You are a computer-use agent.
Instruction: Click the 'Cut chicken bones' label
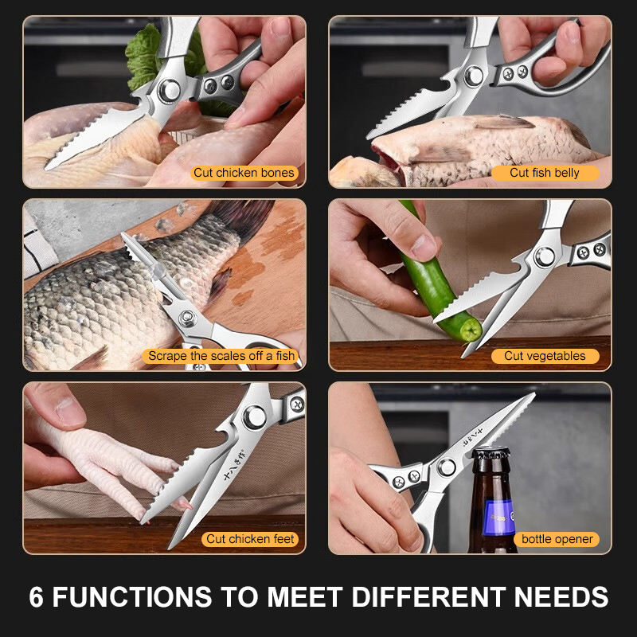coord(244,173)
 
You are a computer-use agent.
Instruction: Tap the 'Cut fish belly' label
coord(545,173)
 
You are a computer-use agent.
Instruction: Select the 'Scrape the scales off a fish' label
coord(221,356)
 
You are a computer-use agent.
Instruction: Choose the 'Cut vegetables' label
coord(545,356)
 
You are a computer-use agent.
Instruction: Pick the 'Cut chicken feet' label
coord(250,539)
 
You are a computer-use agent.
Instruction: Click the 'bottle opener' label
coord(557,539)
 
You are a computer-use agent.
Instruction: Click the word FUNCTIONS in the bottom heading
coord(132,596)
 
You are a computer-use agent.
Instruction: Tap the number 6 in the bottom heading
coord(36,596)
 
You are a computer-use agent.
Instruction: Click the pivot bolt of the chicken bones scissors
coord(169,91)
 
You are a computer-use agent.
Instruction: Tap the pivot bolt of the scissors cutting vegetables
coord(545,256)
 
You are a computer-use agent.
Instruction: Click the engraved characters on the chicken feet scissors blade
coord(233,464)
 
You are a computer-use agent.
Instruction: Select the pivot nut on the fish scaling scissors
coord(188,318)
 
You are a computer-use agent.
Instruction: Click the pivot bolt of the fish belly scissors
coord(474,76)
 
